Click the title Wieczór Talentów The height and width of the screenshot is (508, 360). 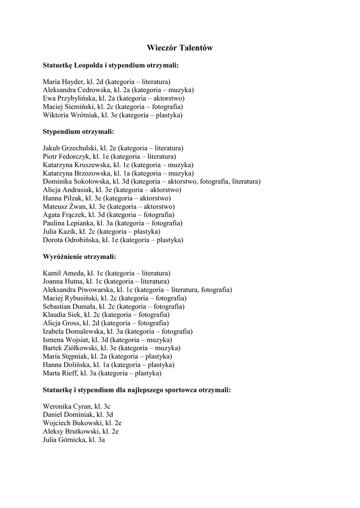pos(180,48)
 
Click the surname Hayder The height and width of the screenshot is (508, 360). pos(73,81)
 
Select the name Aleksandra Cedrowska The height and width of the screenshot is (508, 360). pos(76,90)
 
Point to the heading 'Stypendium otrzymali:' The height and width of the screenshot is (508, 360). pos(78,131)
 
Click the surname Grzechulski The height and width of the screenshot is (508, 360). pos(79,148)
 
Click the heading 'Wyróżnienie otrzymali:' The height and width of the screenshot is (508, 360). pos(79,257)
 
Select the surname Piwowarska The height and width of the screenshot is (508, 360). pos(94,290)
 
